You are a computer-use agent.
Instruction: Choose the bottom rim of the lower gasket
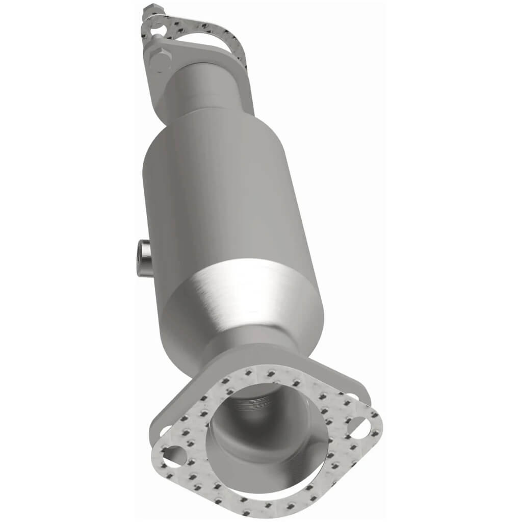[285, 502]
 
